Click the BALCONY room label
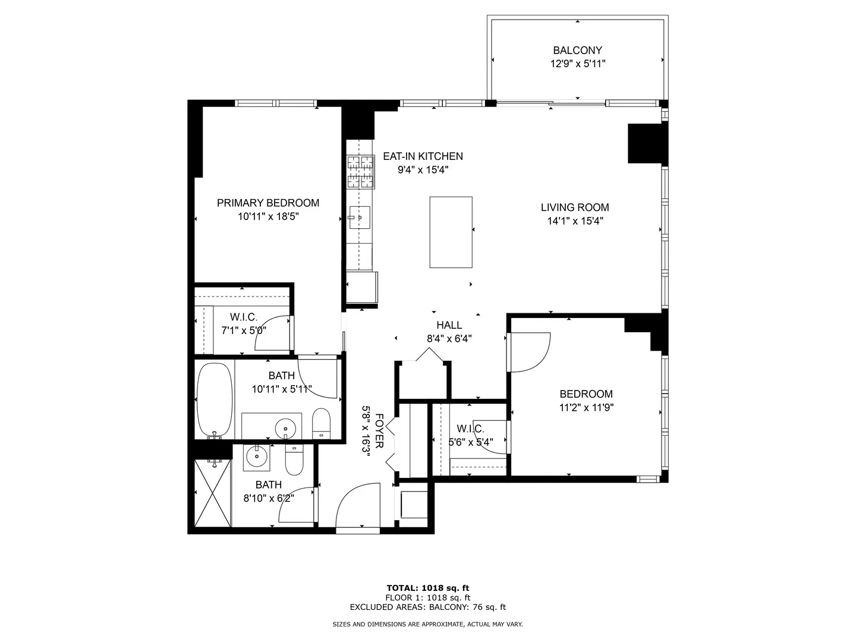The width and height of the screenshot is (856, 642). (x=577, y=51)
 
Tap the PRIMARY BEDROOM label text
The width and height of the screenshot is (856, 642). (x=268, y=203)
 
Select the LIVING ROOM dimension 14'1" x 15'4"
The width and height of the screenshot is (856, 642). (x=575, y=221)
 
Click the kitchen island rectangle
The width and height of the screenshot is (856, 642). (x=451, y=232)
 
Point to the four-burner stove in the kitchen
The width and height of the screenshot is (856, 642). (x=361, y=172)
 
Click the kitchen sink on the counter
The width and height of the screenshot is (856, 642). (x=359, y=217)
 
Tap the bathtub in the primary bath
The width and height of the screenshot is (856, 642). (x=215, y=400)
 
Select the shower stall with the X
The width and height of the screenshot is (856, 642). (x=213, y=493)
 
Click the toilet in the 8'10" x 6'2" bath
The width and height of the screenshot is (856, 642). (x=294, y=460)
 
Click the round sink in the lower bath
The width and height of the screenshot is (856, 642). (x=257, y=457)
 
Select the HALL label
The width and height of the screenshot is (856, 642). (x=449, y=325)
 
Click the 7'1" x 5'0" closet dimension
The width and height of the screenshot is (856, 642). (x=244, y=331)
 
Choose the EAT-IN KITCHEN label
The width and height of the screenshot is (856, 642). (x=423, y=156)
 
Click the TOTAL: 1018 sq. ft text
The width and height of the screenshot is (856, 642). (x=428, y=588)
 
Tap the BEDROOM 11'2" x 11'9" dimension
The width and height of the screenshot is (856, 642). (x=587, y=408)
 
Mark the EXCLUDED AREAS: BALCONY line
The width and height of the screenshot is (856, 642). (x=428, y=607)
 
